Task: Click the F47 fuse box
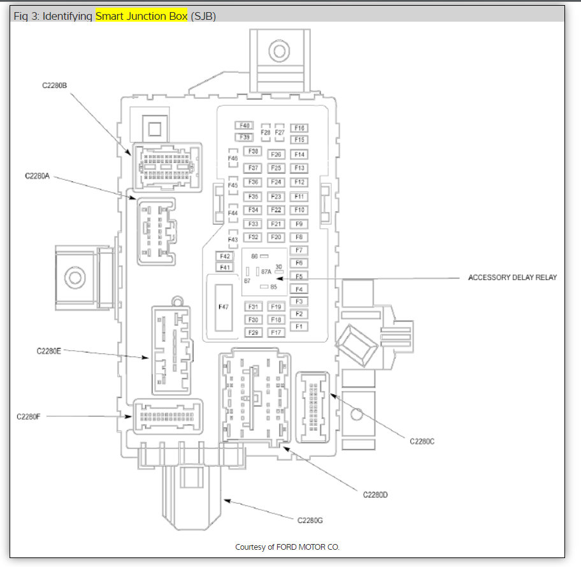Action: coord(223,307)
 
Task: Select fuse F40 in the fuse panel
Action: coord(245,126)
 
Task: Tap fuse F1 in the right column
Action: coord(298,327)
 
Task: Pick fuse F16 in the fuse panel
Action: coord(299,128)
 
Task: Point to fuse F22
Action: coord(276,210)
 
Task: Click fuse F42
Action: coord(224,256)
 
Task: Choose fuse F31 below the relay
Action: coord(254,307)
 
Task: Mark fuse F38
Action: coord(254,151)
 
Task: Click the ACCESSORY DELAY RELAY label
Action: coord(512,277)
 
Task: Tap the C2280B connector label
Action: coord(55,85)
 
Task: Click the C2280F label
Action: coord(29,416)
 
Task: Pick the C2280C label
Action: coord(422,440)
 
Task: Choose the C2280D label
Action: coord(375,494)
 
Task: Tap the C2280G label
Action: coord(310,520)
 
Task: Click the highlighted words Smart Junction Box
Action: coord(141,16)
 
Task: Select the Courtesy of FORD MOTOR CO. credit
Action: coord(287,547)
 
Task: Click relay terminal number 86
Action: coord(254,256)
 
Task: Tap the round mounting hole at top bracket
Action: coord(278,50)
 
